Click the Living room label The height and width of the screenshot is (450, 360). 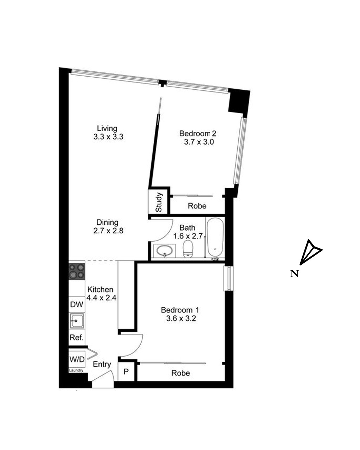(x=107, y=128)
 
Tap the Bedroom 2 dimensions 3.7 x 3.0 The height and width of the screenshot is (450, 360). (x=199, y=142)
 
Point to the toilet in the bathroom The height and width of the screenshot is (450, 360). (x=188, y=249)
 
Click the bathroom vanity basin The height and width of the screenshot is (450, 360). (x=165, y=250)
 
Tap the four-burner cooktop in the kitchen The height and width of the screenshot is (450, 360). (x=77, y=271)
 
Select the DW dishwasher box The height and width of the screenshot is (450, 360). (x=77, y=304)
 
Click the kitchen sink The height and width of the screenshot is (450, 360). (x=77, y=321)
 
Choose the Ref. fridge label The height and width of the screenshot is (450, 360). (x=77, y=337)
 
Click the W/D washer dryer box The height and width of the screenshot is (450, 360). (x=77, y=359)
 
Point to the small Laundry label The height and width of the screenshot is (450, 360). (x=76, y=370)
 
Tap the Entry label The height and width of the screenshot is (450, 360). (x=102, y=364)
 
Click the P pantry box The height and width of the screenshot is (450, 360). (x=126, y=372)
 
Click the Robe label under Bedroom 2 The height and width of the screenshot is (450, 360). (x=197, y=206)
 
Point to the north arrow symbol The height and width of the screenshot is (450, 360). (x=310, y=252)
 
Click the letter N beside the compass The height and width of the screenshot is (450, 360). (x=294, y=274)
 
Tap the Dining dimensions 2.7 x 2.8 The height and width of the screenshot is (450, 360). (x=108, y=231)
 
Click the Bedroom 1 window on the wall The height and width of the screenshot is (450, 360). (x=229, y=278)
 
